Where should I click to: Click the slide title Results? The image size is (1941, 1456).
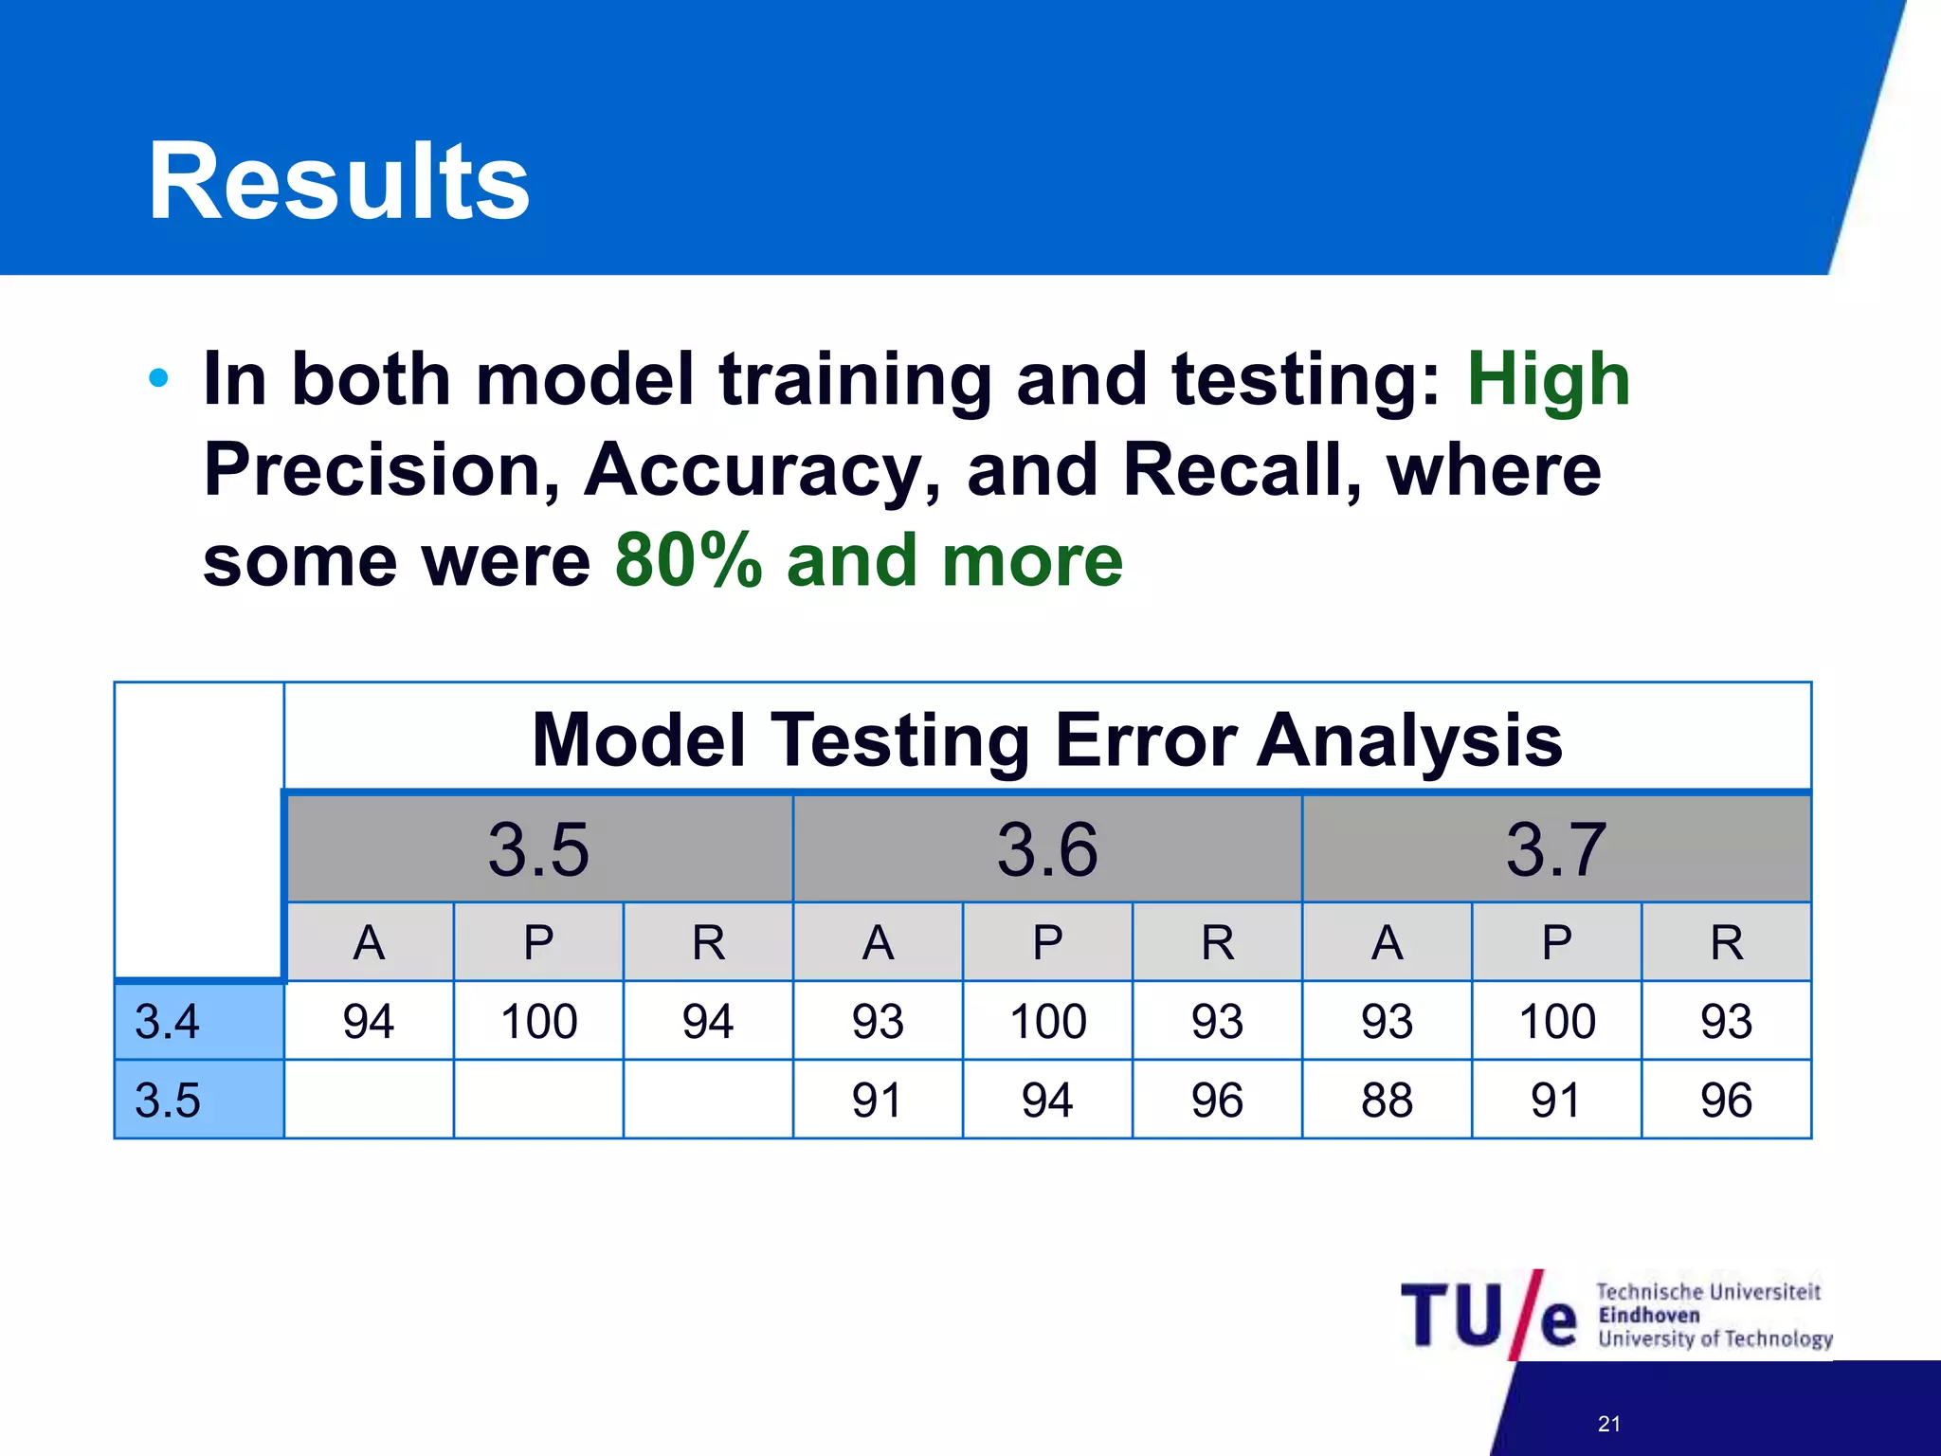point(338,182)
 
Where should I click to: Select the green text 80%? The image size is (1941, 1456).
point(688,561)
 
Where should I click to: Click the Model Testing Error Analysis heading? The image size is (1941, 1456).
point(1046,740)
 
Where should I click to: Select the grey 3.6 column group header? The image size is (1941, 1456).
point(1046,848)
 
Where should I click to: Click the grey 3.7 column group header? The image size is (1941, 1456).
point(1555,848)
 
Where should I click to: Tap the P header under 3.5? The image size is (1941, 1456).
point(538,942)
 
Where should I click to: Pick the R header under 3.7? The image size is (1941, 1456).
point(1726,942)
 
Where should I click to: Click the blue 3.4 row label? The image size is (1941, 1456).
point(199,1021)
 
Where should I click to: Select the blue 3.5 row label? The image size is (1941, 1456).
point(199,1100)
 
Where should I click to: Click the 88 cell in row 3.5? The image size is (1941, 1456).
point(1386,1100)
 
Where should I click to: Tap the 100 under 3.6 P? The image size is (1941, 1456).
point(1046,1021)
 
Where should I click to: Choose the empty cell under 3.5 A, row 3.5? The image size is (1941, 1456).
point(369,1100)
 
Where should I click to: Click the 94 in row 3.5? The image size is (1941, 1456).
point(1046,1100)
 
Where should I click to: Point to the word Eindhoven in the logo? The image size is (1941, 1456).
point(1648,1316)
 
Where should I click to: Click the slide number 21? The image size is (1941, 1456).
point(1608,1424)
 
